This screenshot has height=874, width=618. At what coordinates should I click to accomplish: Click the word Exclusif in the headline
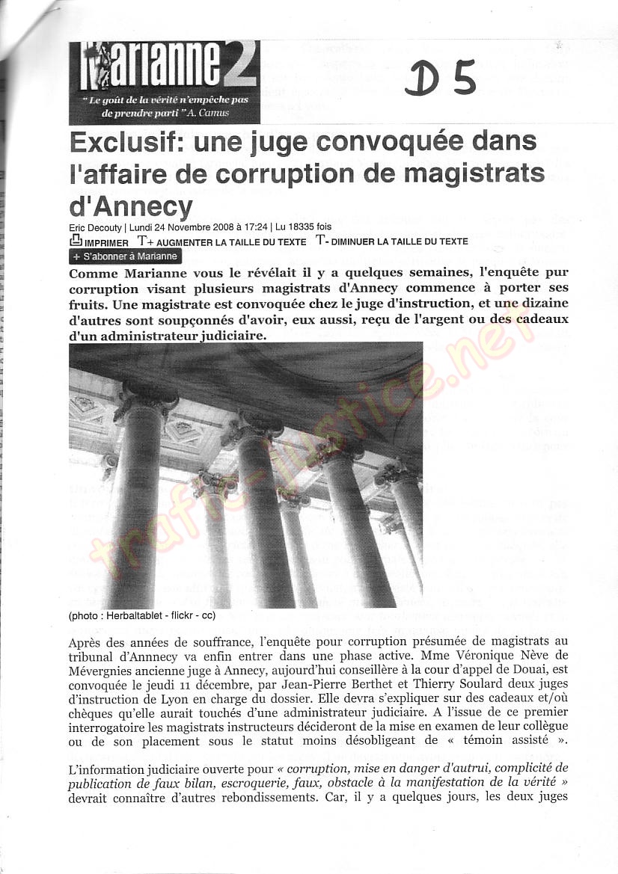[x=115, y=142]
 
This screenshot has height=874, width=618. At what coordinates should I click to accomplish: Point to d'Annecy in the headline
[x=131, y=205]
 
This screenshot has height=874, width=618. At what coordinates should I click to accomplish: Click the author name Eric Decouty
[x=96, y=227]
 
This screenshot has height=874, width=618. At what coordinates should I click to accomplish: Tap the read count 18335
[x=302, y=227]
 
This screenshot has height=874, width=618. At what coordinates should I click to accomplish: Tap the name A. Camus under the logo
[x=210, y=113]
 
